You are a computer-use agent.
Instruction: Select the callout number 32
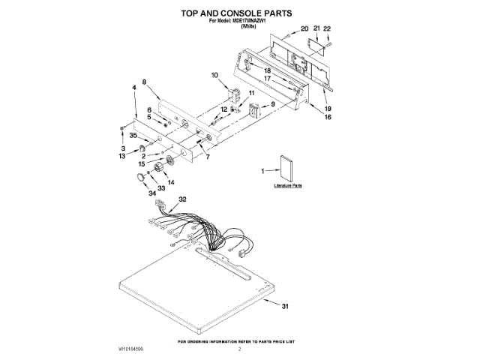pyautogui.click(x=183, y=199)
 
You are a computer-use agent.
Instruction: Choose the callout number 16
pyautogui.click(x=328, y=117)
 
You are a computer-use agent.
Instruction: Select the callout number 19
pyautogui.click(x=327, y=109)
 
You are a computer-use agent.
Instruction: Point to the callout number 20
pyautogui.click(x=304, y=28)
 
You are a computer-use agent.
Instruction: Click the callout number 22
pyautogui.click(x=327, y=28)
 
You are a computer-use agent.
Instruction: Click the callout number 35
pyautogui.click(x=133, y=136)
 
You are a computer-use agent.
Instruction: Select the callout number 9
pyautogui.click(x=272, y=103)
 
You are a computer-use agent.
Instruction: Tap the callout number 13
pyautogui.click(x=122, y=156)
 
